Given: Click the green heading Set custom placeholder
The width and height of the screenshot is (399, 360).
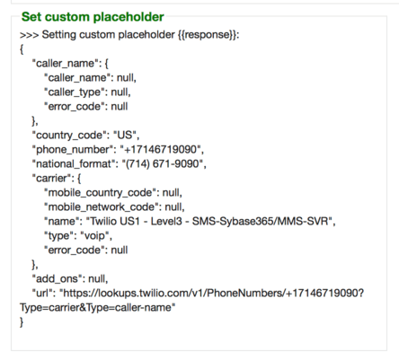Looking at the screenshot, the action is pos(93,17).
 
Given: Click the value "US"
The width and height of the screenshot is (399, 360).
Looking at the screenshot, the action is pos(125,135).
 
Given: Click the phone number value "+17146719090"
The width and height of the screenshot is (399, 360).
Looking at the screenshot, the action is pos(160,149).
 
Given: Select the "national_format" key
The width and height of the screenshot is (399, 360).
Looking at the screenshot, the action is pos(74,164).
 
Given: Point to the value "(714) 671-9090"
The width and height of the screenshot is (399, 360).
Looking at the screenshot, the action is pos(163,164).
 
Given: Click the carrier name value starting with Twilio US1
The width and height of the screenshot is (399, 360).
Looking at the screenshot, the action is pos(209,222).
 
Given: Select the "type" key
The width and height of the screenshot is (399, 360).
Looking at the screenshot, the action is pos(60,236).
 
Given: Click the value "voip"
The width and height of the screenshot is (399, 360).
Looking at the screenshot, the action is pos(95,236).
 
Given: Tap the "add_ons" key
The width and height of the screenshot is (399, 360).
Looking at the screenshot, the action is pos(57,279).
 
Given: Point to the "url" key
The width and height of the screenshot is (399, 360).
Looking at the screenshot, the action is pos(42,294).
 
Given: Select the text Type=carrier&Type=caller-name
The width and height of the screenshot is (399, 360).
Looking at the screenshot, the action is pos(98,308).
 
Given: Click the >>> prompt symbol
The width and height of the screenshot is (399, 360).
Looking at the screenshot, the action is pos(29,35).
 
